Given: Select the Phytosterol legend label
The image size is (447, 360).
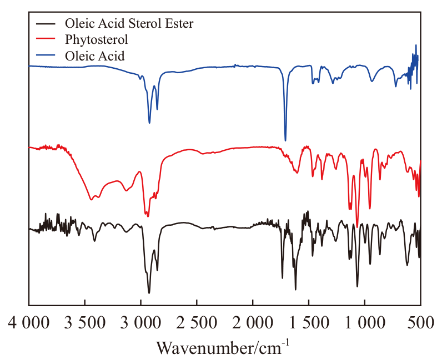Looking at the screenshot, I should [96, 40].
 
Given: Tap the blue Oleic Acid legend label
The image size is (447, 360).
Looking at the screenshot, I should [94, 55].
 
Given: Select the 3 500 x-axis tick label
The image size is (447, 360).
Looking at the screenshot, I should [84, 323].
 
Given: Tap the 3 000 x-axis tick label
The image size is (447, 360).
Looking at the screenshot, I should [140, 323].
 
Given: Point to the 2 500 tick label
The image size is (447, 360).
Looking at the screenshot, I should [197, 323].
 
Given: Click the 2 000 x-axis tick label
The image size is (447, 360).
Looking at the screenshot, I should [253, 323].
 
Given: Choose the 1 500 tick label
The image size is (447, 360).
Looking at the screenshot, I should [309, 323].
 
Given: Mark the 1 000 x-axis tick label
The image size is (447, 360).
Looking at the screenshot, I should [365, 323].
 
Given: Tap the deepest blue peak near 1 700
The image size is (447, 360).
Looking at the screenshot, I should [285, 141].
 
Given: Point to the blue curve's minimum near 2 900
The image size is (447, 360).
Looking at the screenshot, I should [149, 123].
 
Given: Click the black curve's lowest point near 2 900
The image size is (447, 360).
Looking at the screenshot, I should [149, 292].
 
